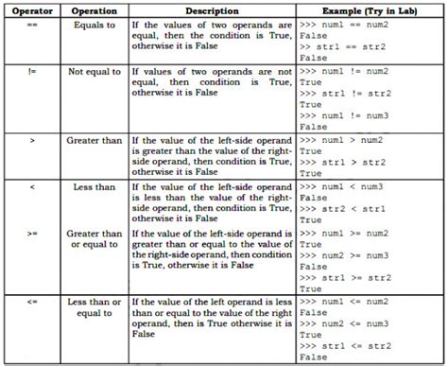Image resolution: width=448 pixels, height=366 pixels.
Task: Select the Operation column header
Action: point(94,9)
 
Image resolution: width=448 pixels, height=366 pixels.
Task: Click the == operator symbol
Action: point(32,25)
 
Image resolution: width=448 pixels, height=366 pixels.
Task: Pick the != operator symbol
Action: point(32,72)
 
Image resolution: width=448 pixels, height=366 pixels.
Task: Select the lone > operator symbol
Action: point(32,141)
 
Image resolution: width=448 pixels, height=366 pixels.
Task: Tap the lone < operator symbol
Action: point(32,187)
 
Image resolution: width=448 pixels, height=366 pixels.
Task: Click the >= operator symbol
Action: point(32,233)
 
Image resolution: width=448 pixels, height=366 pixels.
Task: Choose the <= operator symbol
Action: point(32,302)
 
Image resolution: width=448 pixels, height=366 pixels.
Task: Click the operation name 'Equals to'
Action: point(94,25)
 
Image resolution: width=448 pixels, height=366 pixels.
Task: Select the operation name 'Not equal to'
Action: point(94,72)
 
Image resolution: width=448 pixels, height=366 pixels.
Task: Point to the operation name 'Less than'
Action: point(94,187)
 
